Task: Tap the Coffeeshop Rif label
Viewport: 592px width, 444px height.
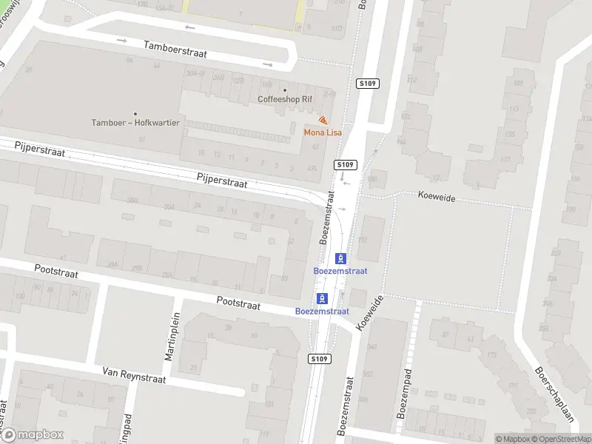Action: (285, 99)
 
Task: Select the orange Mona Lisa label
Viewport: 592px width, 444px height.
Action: (323, 132)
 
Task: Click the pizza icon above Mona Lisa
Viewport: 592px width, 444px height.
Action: (323, 120)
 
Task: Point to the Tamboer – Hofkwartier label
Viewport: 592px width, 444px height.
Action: (135, 123)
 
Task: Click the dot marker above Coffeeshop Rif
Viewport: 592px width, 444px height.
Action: (285, 90)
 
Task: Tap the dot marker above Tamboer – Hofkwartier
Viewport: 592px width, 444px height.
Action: (135, 114)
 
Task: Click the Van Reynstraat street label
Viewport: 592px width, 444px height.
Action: (135, 375)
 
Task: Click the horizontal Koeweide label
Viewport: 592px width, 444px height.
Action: (436, 198)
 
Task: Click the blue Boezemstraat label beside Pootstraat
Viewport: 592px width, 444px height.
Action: (322, 312)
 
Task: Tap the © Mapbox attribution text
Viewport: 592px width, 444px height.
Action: (514, 439)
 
